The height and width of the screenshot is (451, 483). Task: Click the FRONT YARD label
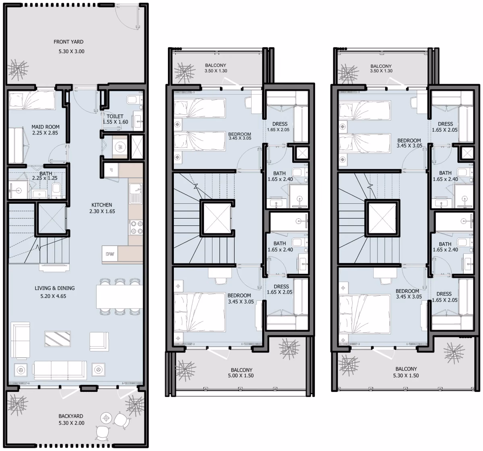pos(68,42)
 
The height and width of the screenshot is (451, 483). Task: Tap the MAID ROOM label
pos(45,127)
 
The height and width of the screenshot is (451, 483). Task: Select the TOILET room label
pos(115,116)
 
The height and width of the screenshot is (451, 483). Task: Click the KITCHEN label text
pos(102,205)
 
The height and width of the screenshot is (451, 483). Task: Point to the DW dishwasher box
pos(110,254)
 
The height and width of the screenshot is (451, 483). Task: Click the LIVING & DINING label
pos(55,288)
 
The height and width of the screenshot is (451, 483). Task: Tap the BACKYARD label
pos(71,416)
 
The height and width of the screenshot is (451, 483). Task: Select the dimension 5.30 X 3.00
pos(72,52)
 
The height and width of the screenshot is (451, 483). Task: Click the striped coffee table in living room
pos(58,339)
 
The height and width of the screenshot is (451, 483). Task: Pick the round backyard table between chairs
pos(106,418)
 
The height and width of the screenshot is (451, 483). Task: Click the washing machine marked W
pos(120,147)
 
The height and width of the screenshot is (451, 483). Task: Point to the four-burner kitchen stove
pos(136,228)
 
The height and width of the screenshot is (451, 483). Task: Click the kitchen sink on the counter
pos(136,194)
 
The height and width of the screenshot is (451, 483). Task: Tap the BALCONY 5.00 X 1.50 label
pos(241,372)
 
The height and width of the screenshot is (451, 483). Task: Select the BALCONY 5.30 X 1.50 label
pos(406,372)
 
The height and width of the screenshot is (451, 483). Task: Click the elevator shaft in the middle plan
pos(217,218)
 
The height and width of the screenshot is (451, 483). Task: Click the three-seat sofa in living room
pos(60,370)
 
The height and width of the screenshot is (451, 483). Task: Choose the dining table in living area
pos(120,297)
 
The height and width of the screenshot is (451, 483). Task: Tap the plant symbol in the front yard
pos(18,69)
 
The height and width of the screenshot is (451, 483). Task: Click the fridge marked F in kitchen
pos(111,170)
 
